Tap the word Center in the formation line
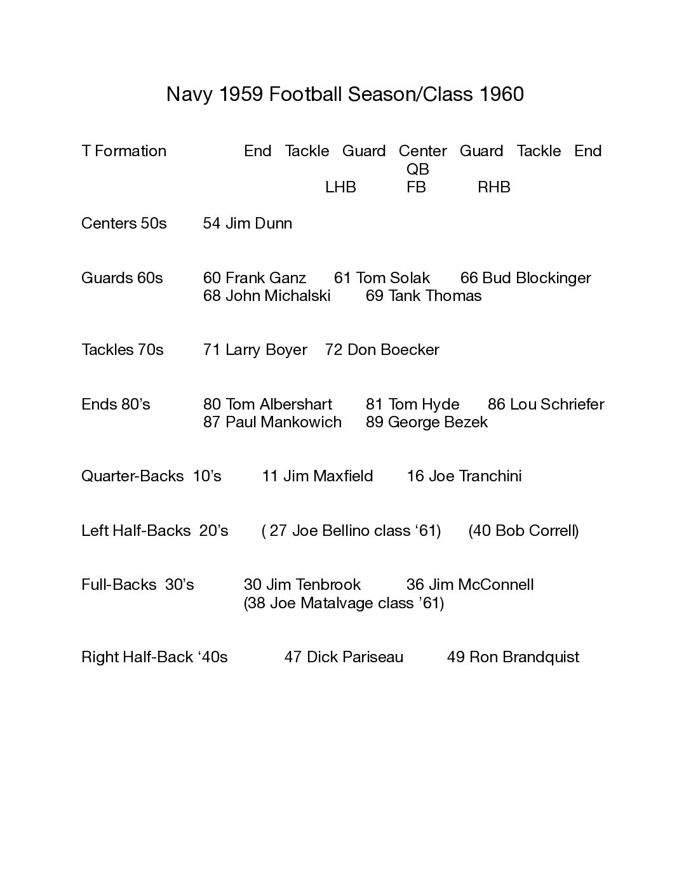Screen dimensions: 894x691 [422, 151]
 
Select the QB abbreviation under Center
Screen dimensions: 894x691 [418, 169]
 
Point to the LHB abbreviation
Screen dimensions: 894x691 [340, 187]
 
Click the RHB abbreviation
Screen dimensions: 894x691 [493, 187]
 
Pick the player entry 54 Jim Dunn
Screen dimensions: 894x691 [248, 223]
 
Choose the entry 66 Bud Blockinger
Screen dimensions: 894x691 [525, 278]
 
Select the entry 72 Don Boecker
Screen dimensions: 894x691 [382, 350]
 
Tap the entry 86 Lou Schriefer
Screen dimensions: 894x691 [546, 404]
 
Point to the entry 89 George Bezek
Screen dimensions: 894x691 [426, 422]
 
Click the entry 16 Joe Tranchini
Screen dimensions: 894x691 [464, 476]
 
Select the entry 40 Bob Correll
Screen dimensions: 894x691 [523, 531]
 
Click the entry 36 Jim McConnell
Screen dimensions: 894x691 [470, 585]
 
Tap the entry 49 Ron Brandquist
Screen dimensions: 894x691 [513, 657]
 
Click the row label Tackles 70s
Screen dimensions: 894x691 [123, 350]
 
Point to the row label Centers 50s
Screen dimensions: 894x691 [124, 223]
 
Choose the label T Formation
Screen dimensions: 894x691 [124, 151]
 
